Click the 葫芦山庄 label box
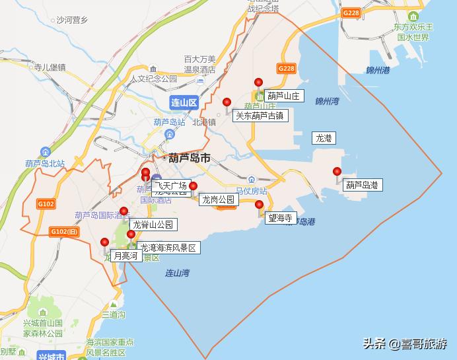coord(284,96)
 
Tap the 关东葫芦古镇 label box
coord(261,115)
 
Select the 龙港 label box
coord(324,138)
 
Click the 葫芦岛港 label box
coord(363,186)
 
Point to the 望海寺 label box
coord(280,218)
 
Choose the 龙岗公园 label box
coord(218,199)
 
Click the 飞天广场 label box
coord(171,185)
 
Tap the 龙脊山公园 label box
coord(153,225)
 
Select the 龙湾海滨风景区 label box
coord(168,248)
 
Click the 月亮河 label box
coord(125,256)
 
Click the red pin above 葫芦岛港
coord(337,172)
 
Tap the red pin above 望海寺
coord(259,205)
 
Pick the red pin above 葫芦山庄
coord(259,83)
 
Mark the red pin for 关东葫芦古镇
coord(227,102)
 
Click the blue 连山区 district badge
coord(183,102)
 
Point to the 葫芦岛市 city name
coord(188,159)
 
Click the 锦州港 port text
coord(378,70)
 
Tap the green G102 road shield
coord(46,204)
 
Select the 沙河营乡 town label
coord(71,20)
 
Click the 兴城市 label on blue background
coord(52,357)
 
